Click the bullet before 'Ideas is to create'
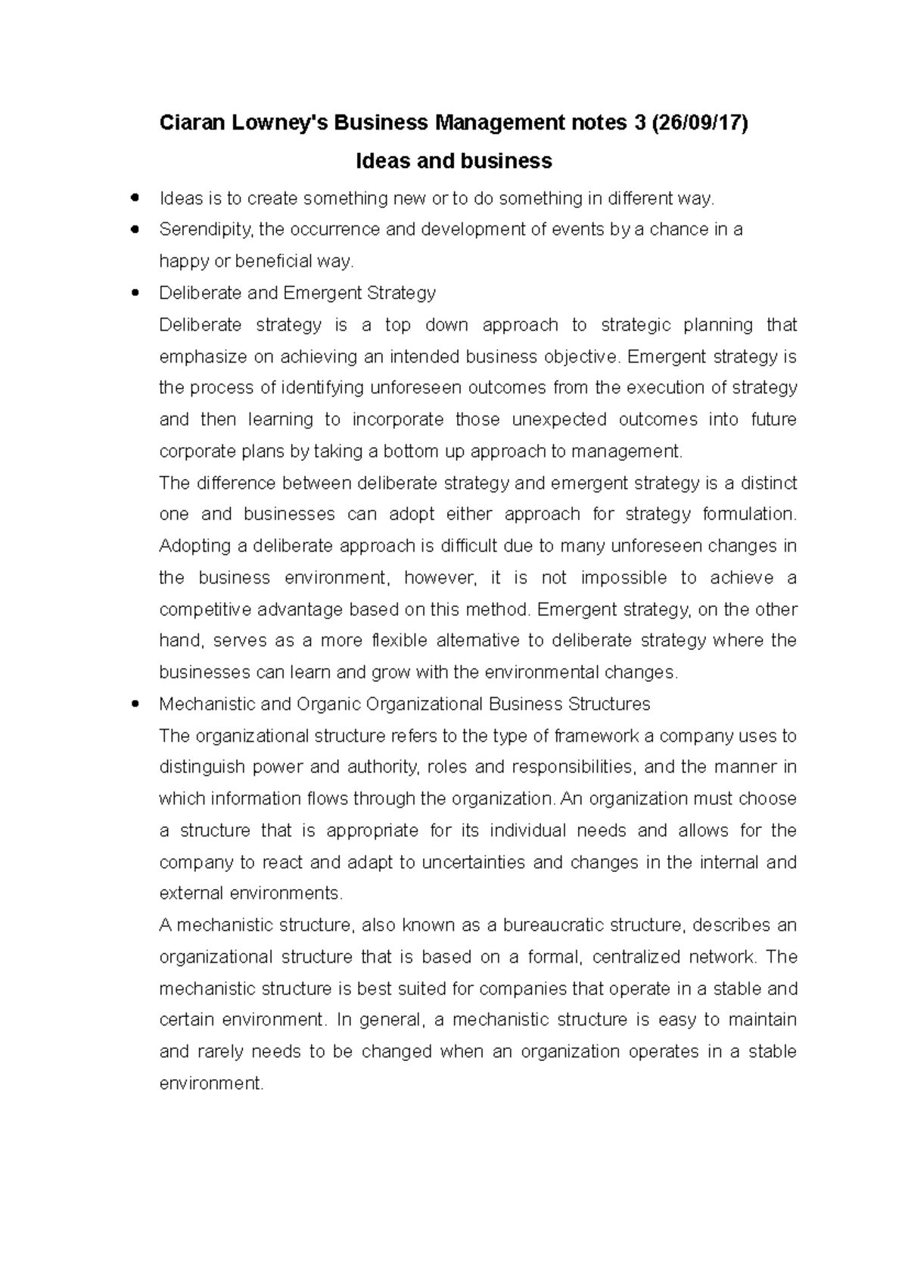[x=135, y=198]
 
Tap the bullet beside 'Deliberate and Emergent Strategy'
[x=135, y=293]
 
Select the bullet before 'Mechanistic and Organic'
[x=135, y=704]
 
